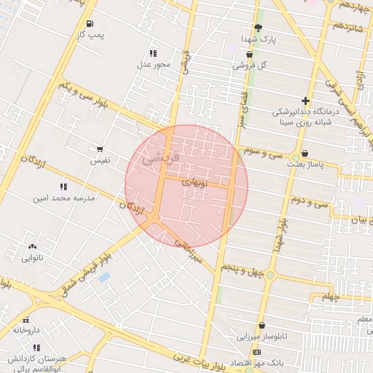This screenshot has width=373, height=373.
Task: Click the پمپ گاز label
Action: pos(92,34)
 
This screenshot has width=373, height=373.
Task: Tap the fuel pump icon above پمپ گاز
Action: pos(89,23)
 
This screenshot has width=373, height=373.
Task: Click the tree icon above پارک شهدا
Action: pos(258,27)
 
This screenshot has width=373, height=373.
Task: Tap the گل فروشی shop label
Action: pos(250,65)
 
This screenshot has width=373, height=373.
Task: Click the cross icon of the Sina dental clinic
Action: pos(305,101)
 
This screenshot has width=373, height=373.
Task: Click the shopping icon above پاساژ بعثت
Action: pos(304,153)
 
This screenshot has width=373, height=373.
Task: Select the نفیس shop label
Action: pos(101,160)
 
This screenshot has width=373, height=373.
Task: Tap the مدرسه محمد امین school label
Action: pos(63,197)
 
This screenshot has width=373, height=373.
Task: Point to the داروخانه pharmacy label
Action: pos(26,330)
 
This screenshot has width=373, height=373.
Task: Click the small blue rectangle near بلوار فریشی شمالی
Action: pos(104,278)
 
